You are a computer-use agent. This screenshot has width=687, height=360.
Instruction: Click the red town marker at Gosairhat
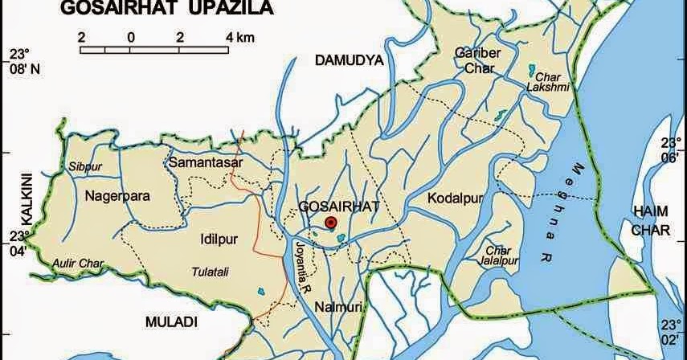click(330, 223)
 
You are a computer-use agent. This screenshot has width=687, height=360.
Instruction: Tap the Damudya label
click(350, 60)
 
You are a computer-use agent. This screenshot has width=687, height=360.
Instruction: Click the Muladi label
click(171, 321)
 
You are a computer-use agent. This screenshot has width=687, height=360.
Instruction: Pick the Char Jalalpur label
click(497, 256)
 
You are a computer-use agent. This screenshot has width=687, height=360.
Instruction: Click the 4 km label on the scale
click(241, 37)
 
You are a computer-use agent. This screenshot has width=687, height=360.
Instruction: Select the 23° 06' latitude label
click(670, 151)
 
